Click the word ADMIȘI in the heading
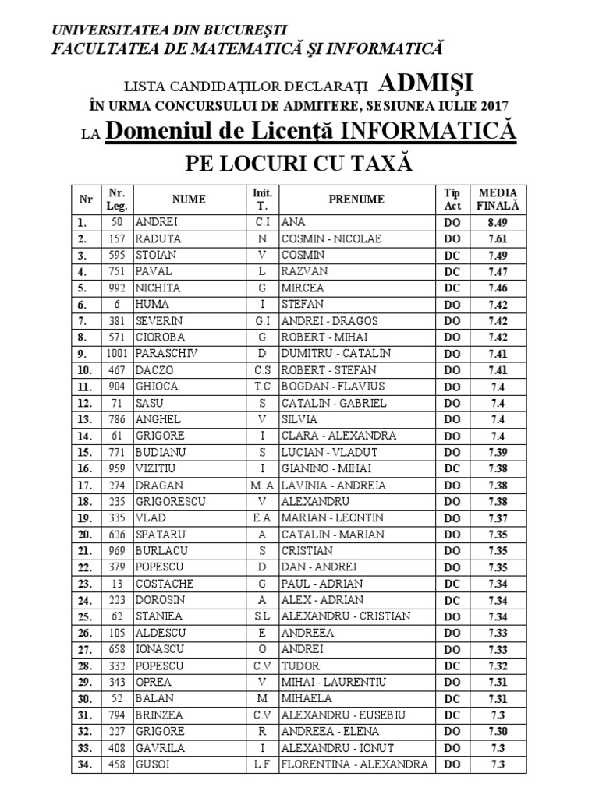pos(427,83)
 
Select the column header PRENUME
pos(356,199)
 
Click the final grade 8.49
pos(498,222)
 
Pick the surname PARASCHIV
pos(166,353)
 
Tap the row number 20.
pos(83,535)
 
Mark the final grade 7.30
pos(498,732)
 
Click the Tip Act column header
pos(453,199)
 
